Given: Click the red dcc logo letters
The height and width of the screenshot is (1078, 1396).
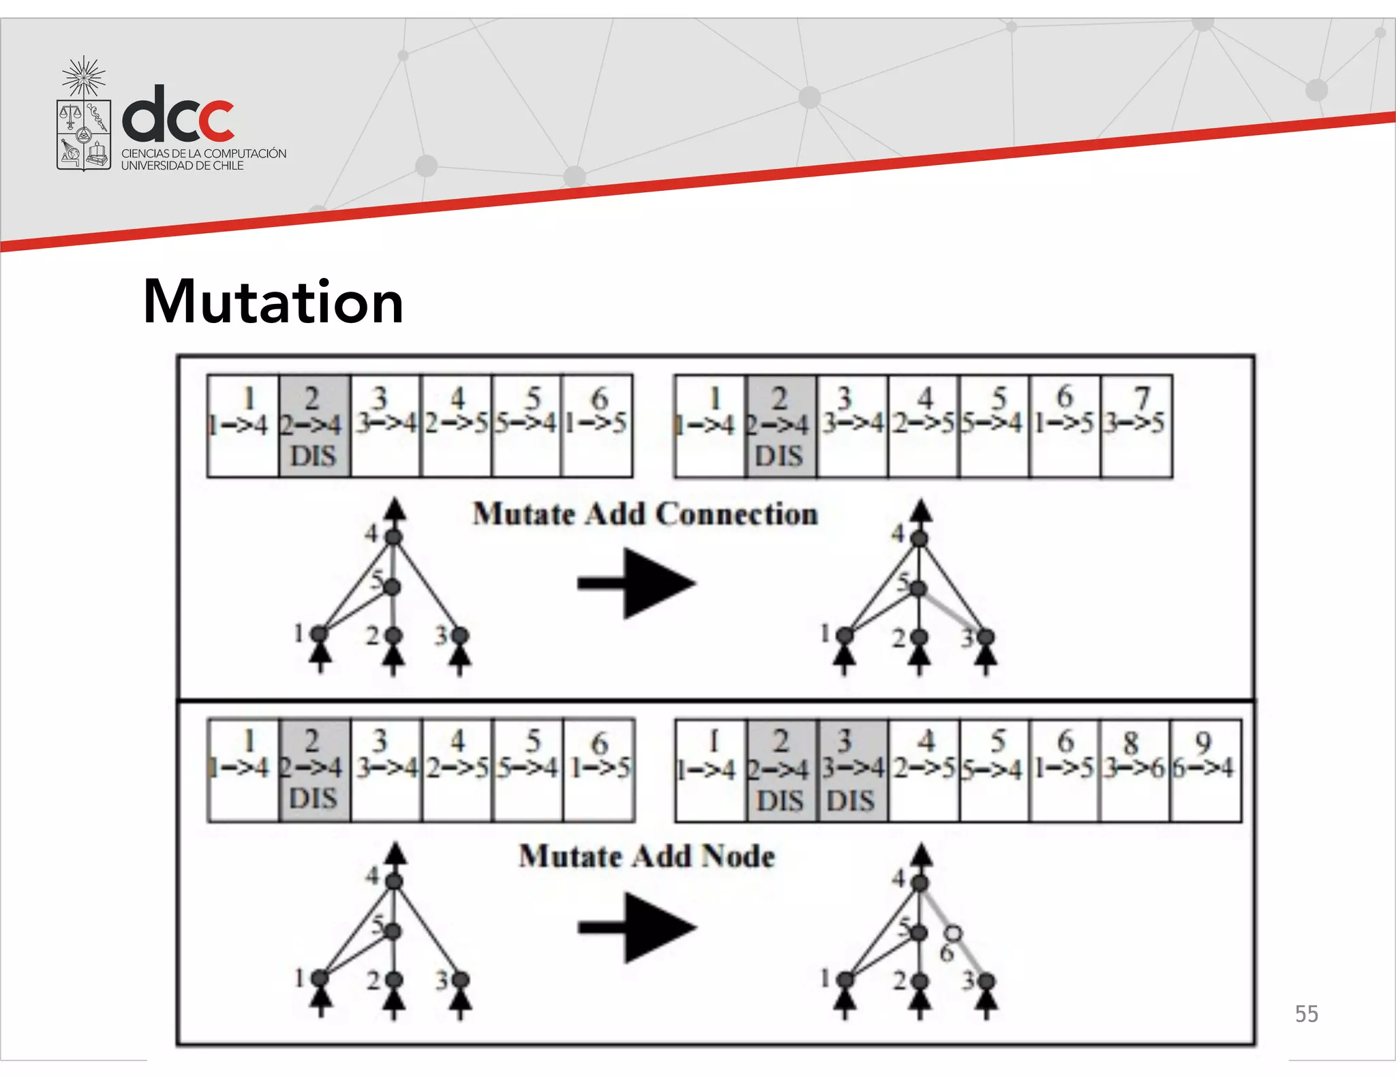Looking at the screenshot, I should [x=179, y=115].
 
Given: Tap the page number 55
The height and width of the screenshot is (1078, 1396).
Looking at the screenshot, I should [x=1306, y=1014].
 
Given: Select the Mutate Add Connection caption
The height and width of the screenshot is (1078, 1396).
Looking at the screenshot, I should [x=645, y=514].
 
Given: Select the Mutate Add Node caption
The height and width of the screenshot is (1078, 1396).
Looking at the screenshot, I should [x=646, y=857].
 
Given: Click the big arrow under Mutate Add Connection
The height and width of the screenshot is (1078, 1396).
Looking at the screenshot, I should [x=637, y=584].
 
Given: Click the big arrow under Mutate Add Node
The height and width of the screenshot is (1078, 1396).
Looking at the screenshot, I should [x=637, y=927].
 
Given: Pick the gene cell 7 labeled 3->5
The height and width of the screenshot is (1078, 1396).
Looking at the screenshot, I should [x=1136, y=426].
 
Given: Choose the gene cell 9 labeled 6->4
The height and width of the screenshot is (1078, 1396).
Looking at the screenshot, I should [x=1205, y=770].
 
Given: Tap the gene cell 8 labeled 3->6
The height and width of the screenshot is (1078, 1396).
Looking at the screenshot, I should [x=1134, y=770].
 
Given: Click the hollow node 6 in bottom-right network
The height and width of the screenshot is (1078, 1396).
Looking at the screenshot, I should [x=954, y=934].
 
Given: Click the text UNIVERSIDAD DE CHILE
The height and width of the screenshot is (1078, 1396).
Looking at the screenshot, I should [x=182, y=166].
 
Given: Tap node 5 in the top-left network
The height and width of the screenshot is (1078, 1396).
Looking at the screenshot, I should [x=393, y=586].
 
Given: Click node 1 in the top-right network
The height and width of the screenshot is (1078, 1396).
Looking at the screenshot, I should [x=845, y=636].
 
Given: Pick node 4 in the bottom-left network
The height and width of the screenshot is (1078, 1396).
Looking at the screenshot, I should [x=394, y=881].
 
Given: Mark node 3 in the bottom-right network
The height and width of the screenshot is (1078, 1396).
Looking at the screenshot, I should [x=986, y=981].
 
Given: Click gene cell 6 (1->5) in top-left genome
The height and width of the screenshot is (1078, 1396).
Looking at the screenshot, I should [x=597, y=425].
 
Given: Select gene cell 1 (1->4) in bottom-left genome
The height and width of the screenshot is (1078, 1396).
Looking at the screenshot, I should [x=243, y=770].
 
